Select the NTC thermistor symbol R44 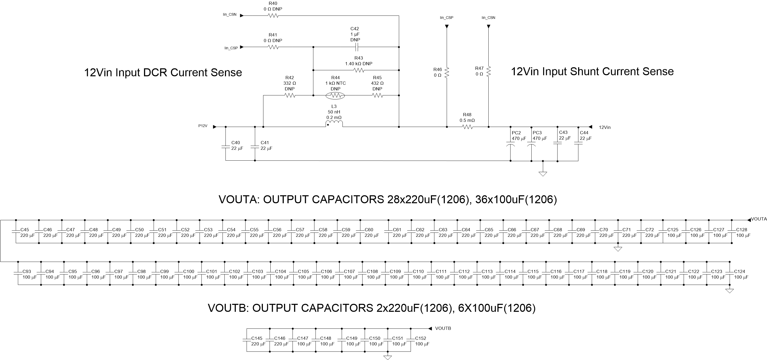(x=335, y=96)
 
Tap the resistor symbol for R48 (x=468, y=127)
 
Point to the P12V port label (x=203, y=126)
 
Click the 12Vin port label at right (x=604, y=127)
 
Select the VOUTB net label (x=443, y=328)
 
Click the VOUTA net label (x=759, y=219)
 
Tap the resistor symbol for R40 (x=273, y=16)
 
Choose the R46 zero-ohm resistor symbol (x=447, y=72)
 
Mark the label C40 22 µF (x=237, y=145)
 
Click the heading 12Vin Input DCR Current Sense (x=163, y=72)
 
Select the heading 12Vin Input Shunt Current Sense (x=592, y=71)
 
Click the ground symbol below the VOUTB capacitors (x=387, y=357)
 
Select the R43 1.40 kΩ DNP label (x=359, y=61)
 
